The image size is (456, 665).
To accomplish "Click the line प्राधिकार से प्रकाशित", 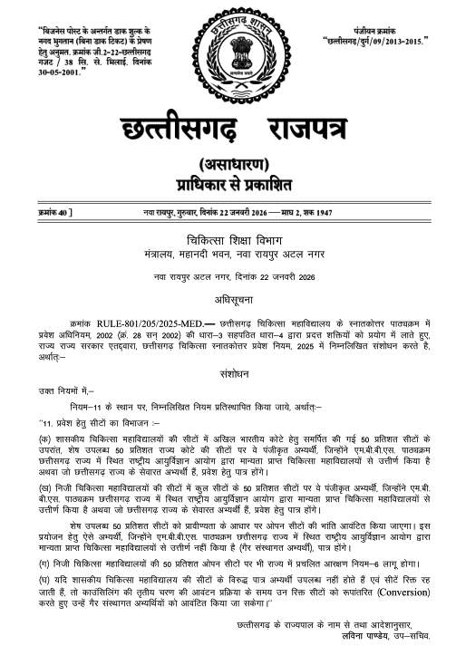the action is (x=228, y=186).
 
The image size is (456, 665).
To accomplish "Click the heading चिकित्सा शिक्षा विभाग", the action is (x=228, y=238).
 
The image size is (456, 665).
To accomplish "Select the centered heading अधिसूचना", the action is (x=228, y=294).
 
